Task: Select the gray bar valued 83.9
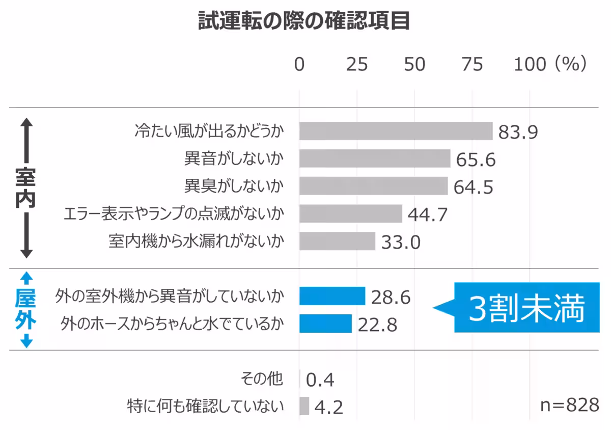(x=396, y=131)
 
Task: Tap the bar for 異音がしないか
(x=374, y=158)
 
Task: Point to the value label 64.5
(x=474, y=187)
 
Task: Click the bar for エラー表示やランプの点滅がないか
(x=350, y=213)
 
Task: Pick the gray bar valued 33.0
(x=337, y=241)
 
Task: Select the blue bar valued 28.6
(x=332, y=296)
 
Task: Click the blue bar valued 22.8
(x=325, y=324)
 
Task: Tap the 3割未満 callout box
(x=526, y=308)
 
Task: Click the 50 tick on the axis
(x=414, y=65)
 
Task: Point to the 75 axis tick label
(x=472, y=65)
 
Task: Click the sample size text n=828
(x=569, y=406)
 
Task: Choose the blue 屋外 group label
(x=25, y=309)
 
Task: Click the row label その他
(x=262, y=379)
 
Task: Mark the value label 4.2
(x=328, y=407)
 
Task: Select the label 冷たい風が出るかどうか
(x=209, y=131)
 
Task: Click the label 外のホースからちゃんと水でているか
(x=172, y=324)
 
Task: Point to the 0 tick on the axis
(x=299, y=65)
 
